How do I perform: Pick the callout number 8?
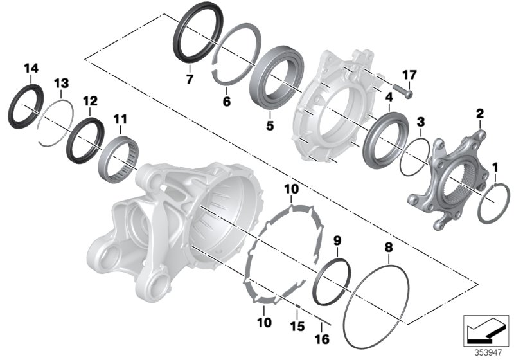coord(387,247)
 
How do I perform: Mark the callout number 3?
coord(420,122)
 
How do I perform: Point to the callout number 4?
coord(389,97)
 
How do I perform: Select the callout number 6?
coord(226,102)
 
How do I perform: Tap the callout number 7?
coord(189,80)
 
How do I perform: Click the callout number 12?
coord(90,101)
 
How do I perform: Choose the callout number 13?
coord(60,84)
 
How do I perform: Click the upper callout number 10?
coord(292,188)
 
